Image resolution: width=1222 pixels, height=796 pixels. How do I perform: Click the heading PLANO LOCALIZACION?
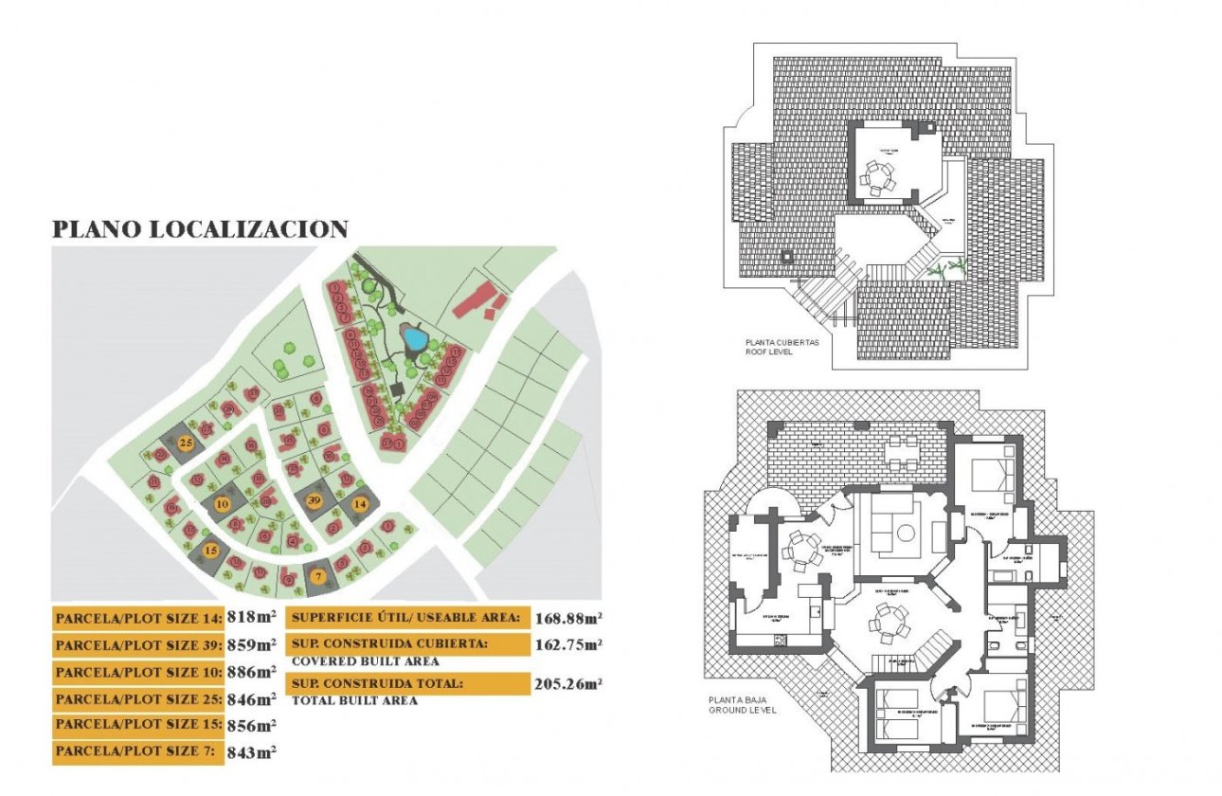click(200, 229)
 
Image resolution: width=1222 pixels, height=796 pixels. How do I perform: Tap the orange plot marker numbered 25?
click(187, 443)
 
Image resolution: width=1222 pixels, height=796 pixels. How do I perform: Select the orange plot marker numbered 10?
click(222, 504)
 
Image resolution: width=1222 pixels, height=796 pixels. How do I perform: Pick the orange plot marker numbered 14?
click(360, 504)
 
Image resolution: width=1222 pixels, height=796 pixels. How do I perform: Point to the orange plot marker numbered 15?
click(211, 550)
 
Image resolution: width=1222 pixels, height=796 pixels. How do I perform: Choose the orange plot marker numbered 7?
click(318, 572)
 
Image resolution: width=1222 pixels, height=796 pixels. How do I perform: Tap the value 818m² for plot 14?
click(252, 618)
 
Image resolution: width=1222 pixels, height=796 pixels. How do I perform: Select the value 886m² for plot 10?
click(252, 673)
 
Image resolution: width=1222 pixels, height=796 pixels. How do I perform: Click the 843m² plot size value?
click(252, 752)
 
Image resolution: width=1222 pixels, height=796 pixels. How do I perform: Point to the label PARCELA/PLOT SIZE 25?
click(138, 699)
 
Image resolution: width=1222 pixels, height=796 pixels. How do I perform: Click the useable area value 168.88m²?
click(569, 619)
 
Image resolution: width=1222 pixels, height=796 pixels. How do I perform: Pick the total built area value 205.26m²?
click(569, 682)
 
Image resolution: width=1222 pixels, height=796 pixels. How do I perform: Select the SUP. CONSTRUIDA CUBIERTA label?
click(407, 644)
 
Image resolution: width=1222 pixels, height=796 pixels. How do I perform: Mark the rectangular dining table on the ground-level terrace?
click(901, 452)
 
